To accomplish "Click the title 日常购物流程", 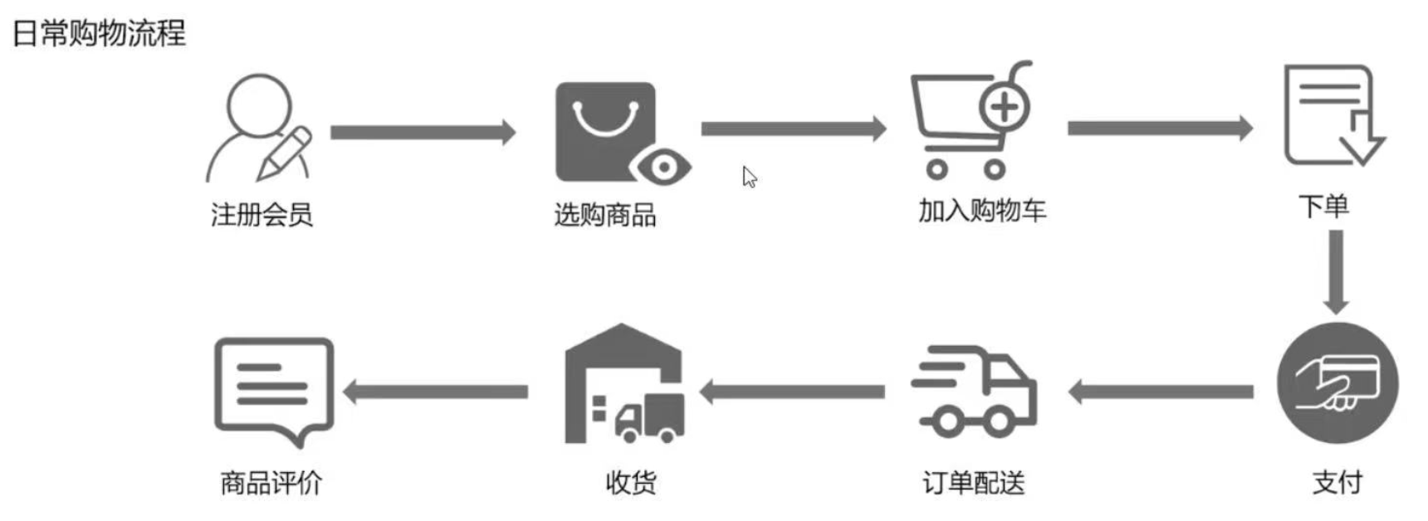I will (x=100, y=33).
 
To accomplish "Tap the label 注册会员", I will (x=262, y=215).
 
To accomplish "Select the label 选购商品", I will (x=605, y=215).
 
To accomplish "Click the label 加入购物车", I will (x=981, y=211).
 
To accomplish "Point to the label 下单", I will (x=1323, y=206).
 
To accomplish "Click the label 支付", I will (x=1337, y=481).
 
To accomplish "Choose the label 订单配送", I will (x=974, y=482).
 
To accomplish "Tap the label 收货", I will (x=631, y=482).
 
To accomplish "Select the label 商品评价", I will (x=271, y=482).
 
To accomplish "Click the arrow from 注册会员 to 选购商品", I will (x=423, y=132).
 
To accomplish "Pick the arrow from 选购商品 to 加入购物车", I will (x=794, y=129).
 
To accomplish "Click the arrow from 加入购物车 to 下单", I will (x=1160, y=128).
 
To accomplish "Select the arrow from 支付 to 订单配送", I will (x=1161, y=392).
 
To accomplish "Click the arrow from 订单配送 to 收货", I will (x=793, y=392).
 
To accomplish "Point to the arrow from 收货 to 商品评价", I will (x=436, y=392).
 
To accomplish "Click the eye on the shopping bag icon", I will (x=663, y=168).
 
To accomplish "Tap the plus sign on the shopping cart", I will (x=1005, y=106).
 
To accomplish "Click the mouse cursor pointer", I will (x=749, y=177).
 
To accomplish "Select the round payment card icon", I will (x=1337, y=384).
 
